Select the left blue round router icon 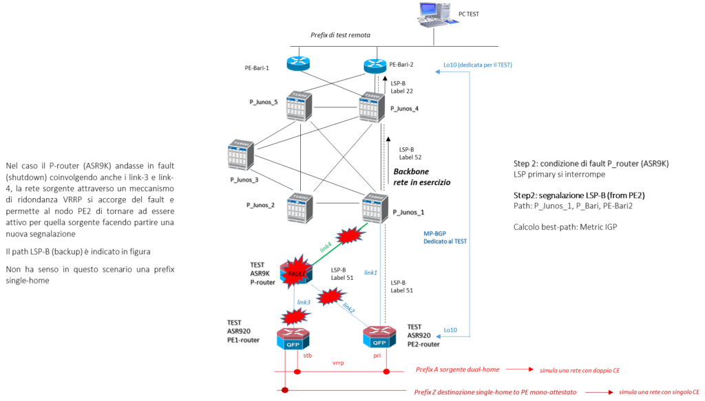[299, 63]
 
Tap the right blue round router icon [375, 66]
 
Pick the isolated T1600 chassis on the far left [241, 155]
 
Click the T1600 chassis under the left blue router [299, 107]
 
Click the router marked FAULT [297, 272]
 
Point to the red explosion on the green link [349, 236]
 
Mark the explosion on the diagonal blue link [330, 296]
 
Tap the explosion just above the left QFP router [295, 317]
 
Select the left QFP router [293, 338]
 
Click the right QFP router [379, 336]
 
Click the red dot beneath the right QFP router [386, 371]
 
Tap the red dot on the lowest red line [284, 391]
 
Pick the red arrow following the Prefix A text [520, 369]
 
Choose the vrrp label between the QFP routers [337, 362]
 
